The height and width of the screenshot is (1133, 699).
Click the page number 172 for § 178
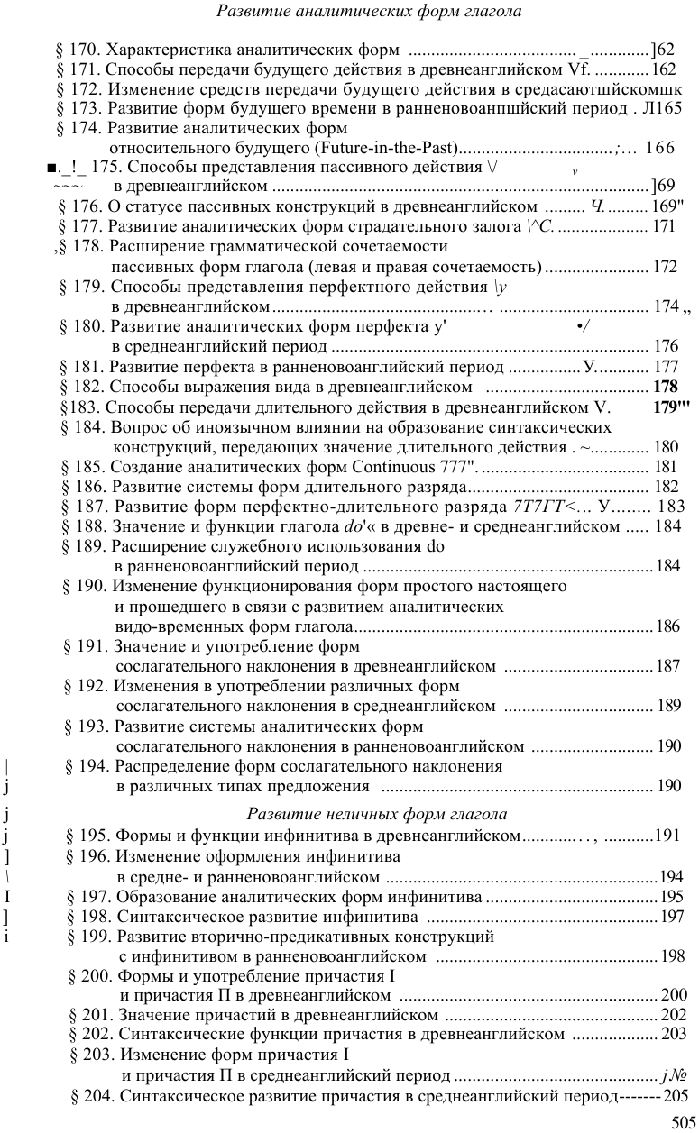click(x=665, y=267)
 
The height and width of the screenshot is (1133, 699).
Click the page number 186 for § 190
click(x=668, y=626)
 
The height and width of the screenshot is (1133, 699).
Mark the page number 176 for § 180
click(x=666, y=346)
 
